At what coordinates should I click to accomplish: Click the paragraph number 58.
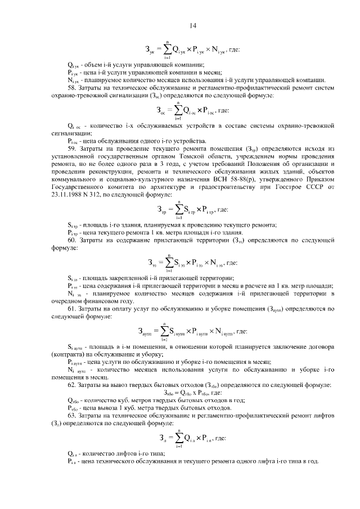click(72, 88)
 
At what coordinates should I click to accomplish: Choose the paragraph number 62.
click(72, 385)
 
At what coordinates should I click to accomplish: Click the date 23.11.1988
click(67, 194)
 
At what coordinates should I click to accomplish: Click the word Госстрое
click(285, 186)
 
